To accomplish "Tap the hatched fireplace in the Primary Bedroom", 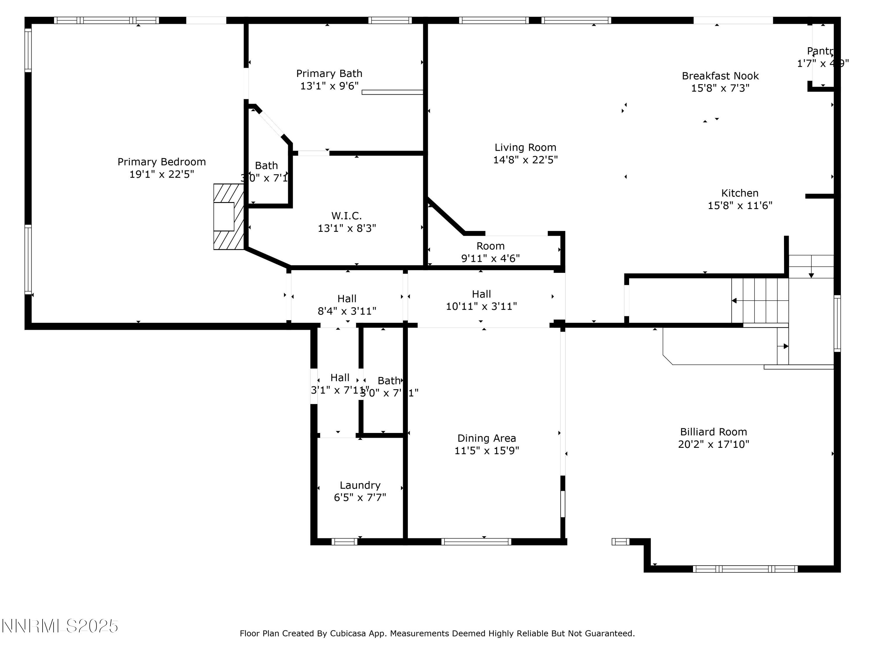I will tap(228, 216).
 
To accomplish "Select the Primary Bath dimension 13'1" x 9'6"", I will tap(329, 86).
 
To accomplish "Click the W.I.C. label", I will tap(346, 216).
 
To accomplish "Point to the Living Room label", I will tap(525, 148).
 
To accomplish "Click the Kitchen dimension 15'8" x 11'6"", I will tap(739, 206).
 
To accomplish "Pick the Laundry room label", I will tap(360, 485).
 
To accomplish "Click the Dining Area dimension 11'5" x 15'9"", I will tap(486, 451).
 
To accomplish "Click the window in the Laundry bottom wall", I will tap(344, 542).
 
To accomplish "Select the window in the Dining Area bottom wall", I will tap(476, 542).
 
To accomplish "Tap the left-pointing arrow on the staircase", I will tap(734, 301).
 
